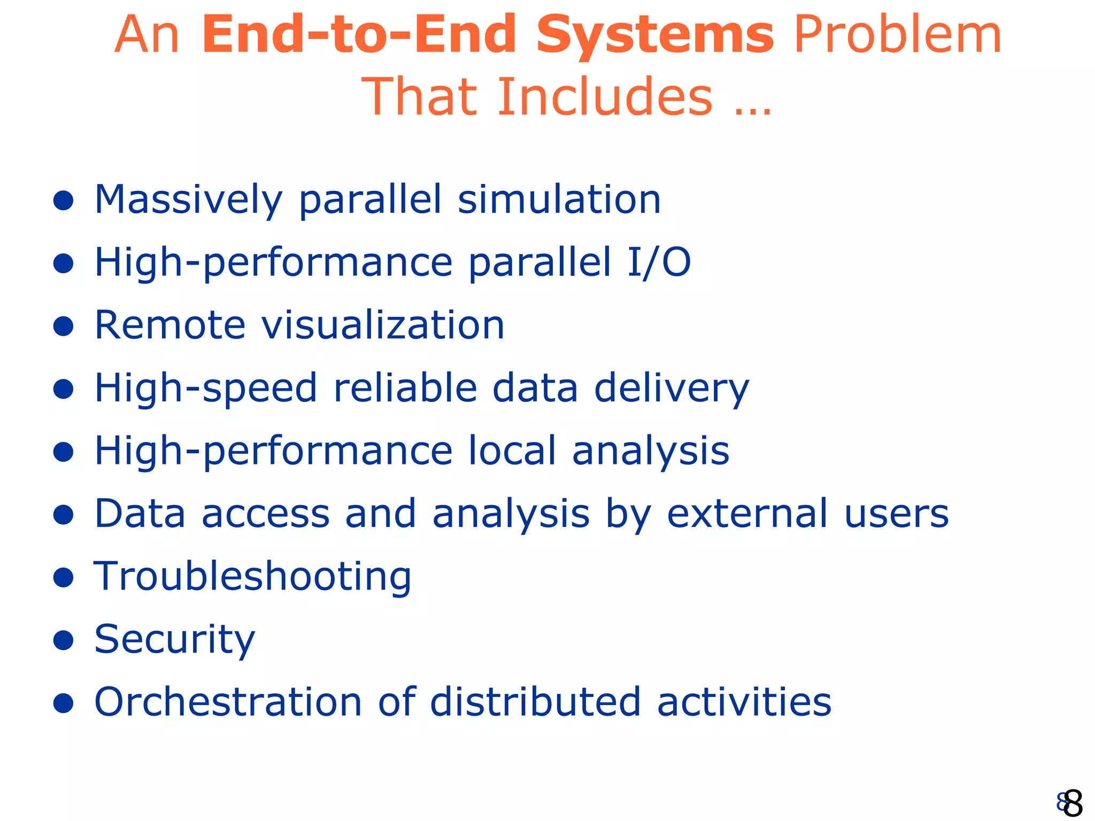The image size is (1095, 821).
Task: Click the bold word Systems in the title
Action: click(x=654, y=36)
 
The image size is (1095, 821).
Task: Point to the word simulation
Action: click(x=559, y=200)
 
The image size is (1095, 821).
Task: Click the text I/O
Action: click(x=659, y=262)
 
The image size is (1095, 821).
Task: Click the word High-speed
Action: click(x=206, y=389)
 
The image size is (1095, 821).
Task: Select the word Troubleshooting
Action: click(x=252, y=577)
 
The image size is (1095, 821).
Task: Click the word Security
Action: click(x=175, y=640)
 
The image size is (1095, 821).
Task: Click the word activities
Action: click(x=744, y=702)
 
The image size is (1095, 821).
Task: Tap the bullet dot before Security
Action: click(x=64, y=640)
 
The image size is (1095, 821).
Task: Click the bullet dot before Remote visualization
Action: click(x=64, y=326)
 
